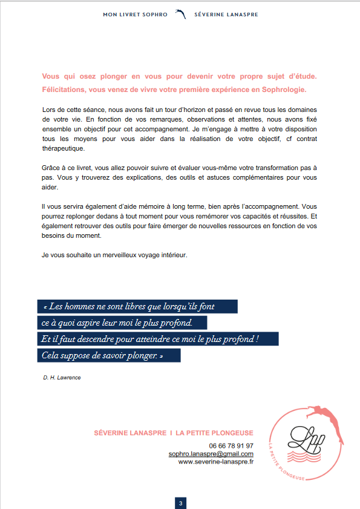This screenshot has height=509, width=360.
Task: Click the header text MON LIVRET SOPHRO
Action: (136, 14)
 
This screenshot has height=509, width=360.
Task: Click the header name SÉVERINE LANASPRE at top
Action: (226, 14)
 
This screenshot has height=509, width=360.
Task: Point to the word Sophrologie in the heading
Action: (286, 90)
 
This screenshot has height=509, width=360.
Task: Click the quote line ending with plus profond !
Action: (150, 339)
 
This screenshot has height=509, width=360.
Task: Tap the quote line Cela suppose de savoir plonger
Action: (102, 356)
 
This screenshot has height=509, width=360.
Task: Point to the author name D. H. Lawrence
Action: (62, 377)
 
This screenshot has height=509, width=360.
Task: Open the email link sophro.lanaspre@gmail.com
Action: (211, 453)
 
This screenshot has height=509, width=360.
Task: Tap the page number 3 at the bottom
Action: (180, 503)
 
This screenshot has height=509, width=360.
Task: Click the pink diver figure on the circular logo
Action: (326, 415)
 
